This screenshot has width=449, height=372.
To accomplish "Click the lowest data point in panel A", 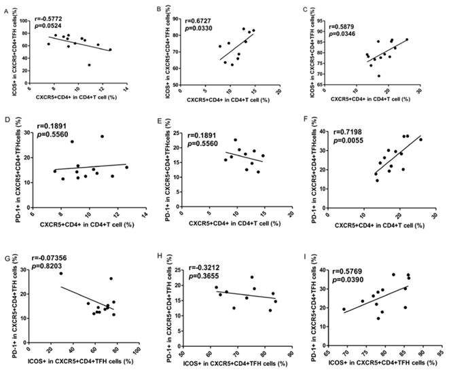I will point(89,65).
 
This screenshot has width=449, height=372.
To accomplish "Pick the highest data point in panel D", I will point(103,136).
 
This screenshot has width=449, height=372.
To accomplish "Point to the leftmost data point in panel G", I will point(60,273).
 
